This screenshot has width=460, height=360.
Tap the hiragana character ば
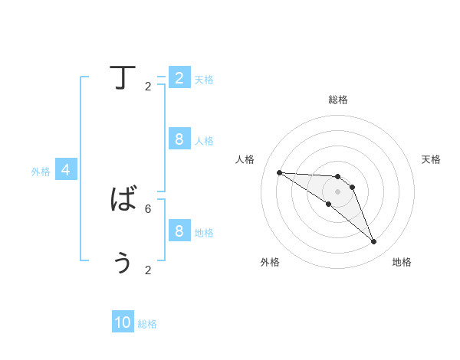tap(123, 201)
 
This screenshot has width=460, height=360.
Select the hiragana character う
tap(123, 262)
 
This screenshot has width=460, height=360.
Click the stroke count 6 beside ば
tap(148, 208)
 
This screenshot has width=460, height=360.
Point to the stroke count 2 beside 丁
tap(148, 86)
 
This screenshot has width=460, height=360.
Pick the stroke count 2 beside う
tap(148, 270)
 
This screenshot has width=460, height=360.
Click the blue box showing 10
tap(123, 323)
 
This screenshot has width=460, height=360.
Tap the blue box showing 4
tap(66, 170)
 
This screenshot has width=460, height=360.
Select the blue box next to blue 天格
tap(179, 78)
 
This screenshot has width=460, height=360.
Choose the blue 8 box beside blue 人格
tap(179, 139)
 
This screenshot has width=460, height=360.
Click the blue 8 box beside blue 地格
tap(179, 231)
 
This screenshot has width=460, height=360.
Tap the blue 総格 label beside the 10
tap(147, 324)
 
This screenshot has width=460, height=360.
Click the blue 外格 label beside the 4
tap(41, 172)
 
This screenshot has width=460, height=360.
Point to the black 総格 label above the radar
tap(338, 100)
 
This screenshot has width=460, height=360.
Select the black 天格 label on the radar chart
tap(431, 159)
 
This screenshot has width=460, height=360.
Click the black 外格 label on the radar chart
tap(270, 262)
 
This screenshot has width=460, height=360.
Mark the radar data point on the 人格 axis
tap(279, 172)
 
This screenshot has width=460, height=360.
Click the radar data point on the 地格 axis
tap(374, 242)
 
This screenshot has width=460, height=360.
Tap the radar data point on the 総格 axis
tap(338, 177)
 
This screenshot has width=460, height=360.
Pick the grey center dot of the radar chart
tap(338, 191)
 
